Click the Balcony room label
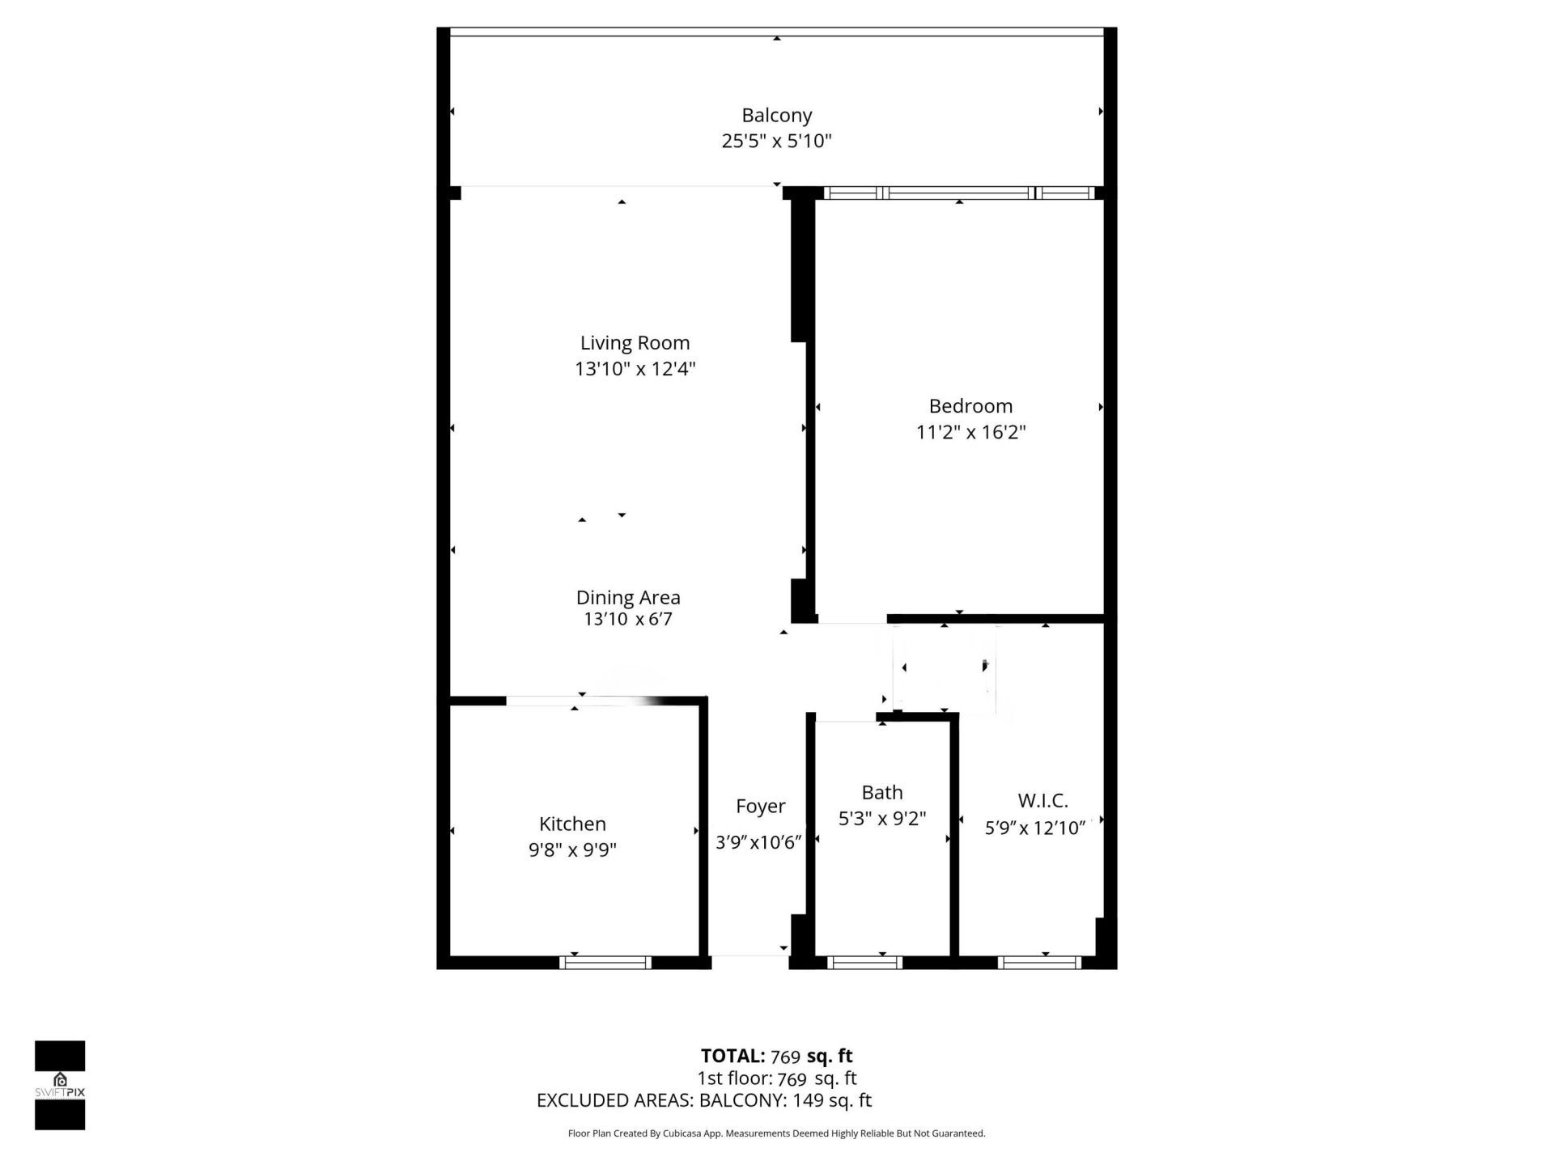pyautogui.click(x=776, y=116)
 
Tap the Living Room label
pyautogui.click(x=635, y=343)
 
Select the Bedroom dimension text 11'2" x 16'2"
pyautogui.click(x=970, y=432)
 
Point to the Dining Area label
pyautogui.click(x=628, y=598)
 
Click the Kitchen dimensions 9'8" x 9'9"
pyautogui.click(x=572, y=849)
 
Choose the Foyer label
pyautogui.click(x=760, y=807)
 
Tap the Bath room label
pyautogui.click(x=881, y=793)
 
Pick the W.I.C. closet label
pyautogui.click(x=1042, y=801)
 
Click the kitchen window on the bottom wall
pyautogui.click(x=605, y=962)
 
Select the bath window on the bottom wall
pyautogui.click(x=864, y=962)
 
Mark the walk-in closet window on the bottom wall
pyautogui.click(x=1039, y=962)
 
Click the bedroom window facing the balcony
pyautogui.click(x=959, y=193)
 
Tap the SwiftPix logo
pyautogui.click(x=60, y=1085)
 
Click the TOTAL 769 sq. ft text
pyautogui.click(x=776, y=1056)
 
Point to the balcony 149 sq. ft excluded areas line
pyautogui.click(x=704, y=1100)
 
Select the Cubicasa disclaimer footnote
pyautogui.click(x=776, y=1133)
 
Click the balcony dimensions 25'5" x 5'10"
pyautogui.click(x=776, y=142)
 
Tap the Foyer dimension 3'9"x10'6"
pyautogui.click(x=758, y=843)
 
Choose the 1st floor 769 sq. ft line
pyautogui.click(x=776, y=1078)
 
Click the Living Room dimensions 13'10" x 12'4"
pyautogui.click(x=635, y=369)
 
